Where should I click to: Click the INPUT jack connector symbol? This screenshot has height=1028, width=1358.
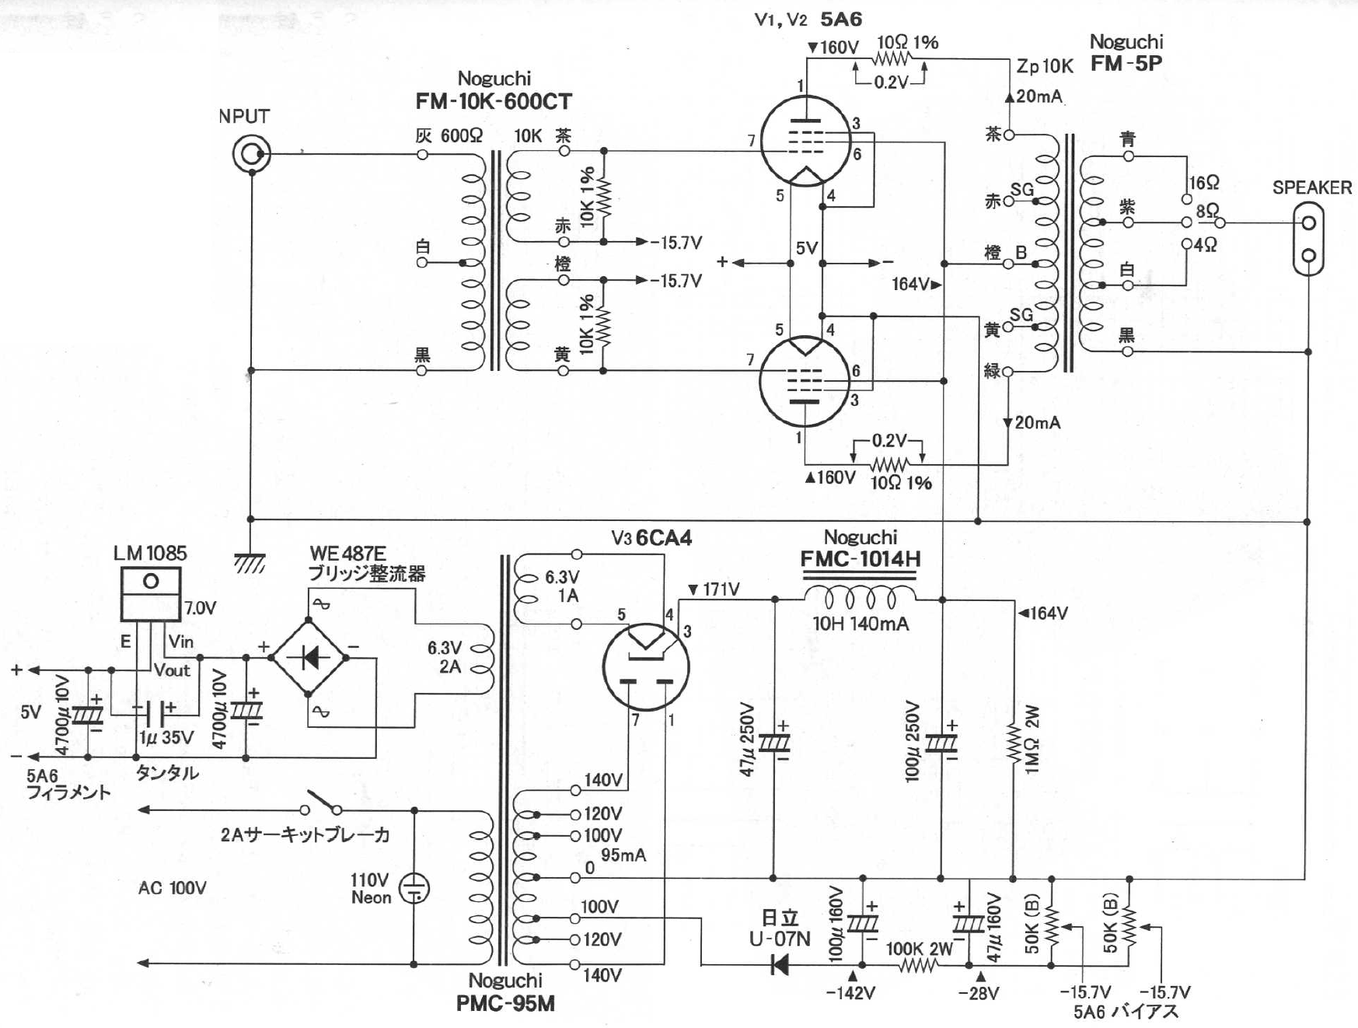[252, 154]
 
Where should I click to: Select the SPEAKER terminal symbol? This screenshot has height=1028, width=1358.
[1308, 239]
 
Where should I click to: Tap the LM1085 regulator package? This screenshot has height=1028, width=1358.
[151, 593]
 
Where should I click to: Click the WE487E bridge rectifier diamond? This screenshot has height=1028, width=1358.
[309, 658]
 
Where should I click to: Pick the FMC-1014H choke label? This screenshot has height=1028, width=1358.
[861, 559]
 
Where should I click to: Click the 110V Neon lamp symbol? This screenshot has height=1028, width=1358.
[414, 889]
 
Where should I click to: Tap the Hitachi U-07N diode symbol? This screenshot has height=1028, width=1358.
[779, 965]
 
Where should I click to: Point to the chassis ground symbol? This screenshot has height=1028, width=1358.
[250, 563]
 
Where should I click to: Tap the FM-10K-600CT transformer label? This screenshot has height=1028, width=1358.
[494, 102]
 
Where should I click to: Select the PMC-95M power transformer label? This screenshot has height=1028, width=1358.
[505, 1004]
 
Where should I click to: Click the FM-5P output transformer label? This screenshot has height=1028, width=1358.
[1126, 64]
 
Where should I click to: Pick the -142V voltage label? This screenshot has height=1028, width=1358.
[850, 994]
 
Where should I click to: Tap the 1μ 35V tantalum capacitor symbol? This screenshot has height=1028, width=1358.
[154, 710]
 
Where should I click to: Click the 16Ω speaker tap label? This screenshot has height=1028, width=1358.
[1203, 183]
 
